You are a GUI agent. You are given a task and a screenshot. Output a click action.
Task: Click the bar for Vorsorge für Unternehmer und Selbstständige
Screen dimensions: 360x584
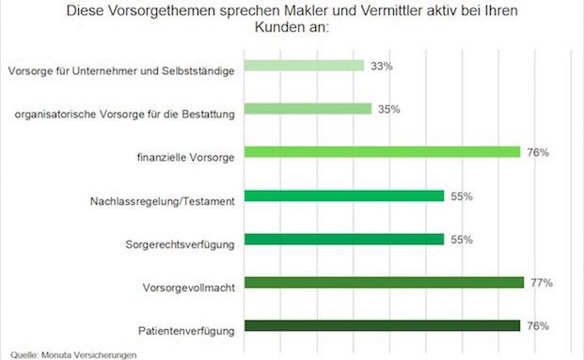coord(305,66)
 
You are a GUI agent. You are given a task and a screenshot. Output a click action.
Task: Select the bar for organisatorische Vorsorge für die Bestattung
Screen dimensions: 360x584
coord(308,109)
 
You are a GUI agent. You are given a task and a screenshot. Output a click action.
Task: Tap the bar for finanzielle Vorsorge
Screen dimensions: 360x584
coord(383,152)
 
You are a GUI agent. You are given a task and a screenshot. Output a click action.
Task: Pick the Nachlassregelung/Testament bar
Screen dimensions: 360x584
coord(344,196)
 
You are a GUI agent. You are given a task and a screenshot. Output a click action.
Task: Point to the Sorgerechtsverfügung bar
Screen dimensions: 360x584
coord(344,239)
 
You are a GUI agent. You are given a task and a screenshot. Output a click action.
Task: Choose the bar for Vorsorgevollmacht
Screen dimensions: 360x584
coord(385,282)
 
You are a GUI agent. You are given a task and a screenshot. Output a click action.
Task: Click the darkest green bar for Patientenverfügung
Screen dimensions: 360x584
coord(383,325)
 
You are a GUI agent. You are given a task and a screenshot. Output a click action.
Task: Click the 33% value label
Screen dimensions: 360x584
coord(381,66)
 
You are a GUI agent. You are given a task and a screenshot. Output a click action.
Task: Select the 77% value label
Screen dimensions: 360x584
coord(541,282)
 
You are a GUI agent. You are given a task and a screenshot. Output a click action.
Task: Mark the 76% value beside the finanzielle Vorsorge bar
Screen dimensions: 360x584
coord(538,152)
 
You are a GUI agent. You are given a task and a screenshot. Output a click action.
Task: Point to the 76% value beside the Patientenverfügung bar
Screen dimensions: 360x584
coord(538,325)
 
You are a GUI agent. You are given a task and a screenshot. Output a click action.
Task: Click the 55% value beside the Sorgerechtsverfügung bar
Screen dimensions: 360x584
coord(461,239)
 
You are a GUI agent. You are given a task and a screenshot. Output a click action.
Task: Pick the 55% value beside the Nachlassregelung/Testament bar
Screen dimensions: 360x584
coord(461,196)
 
